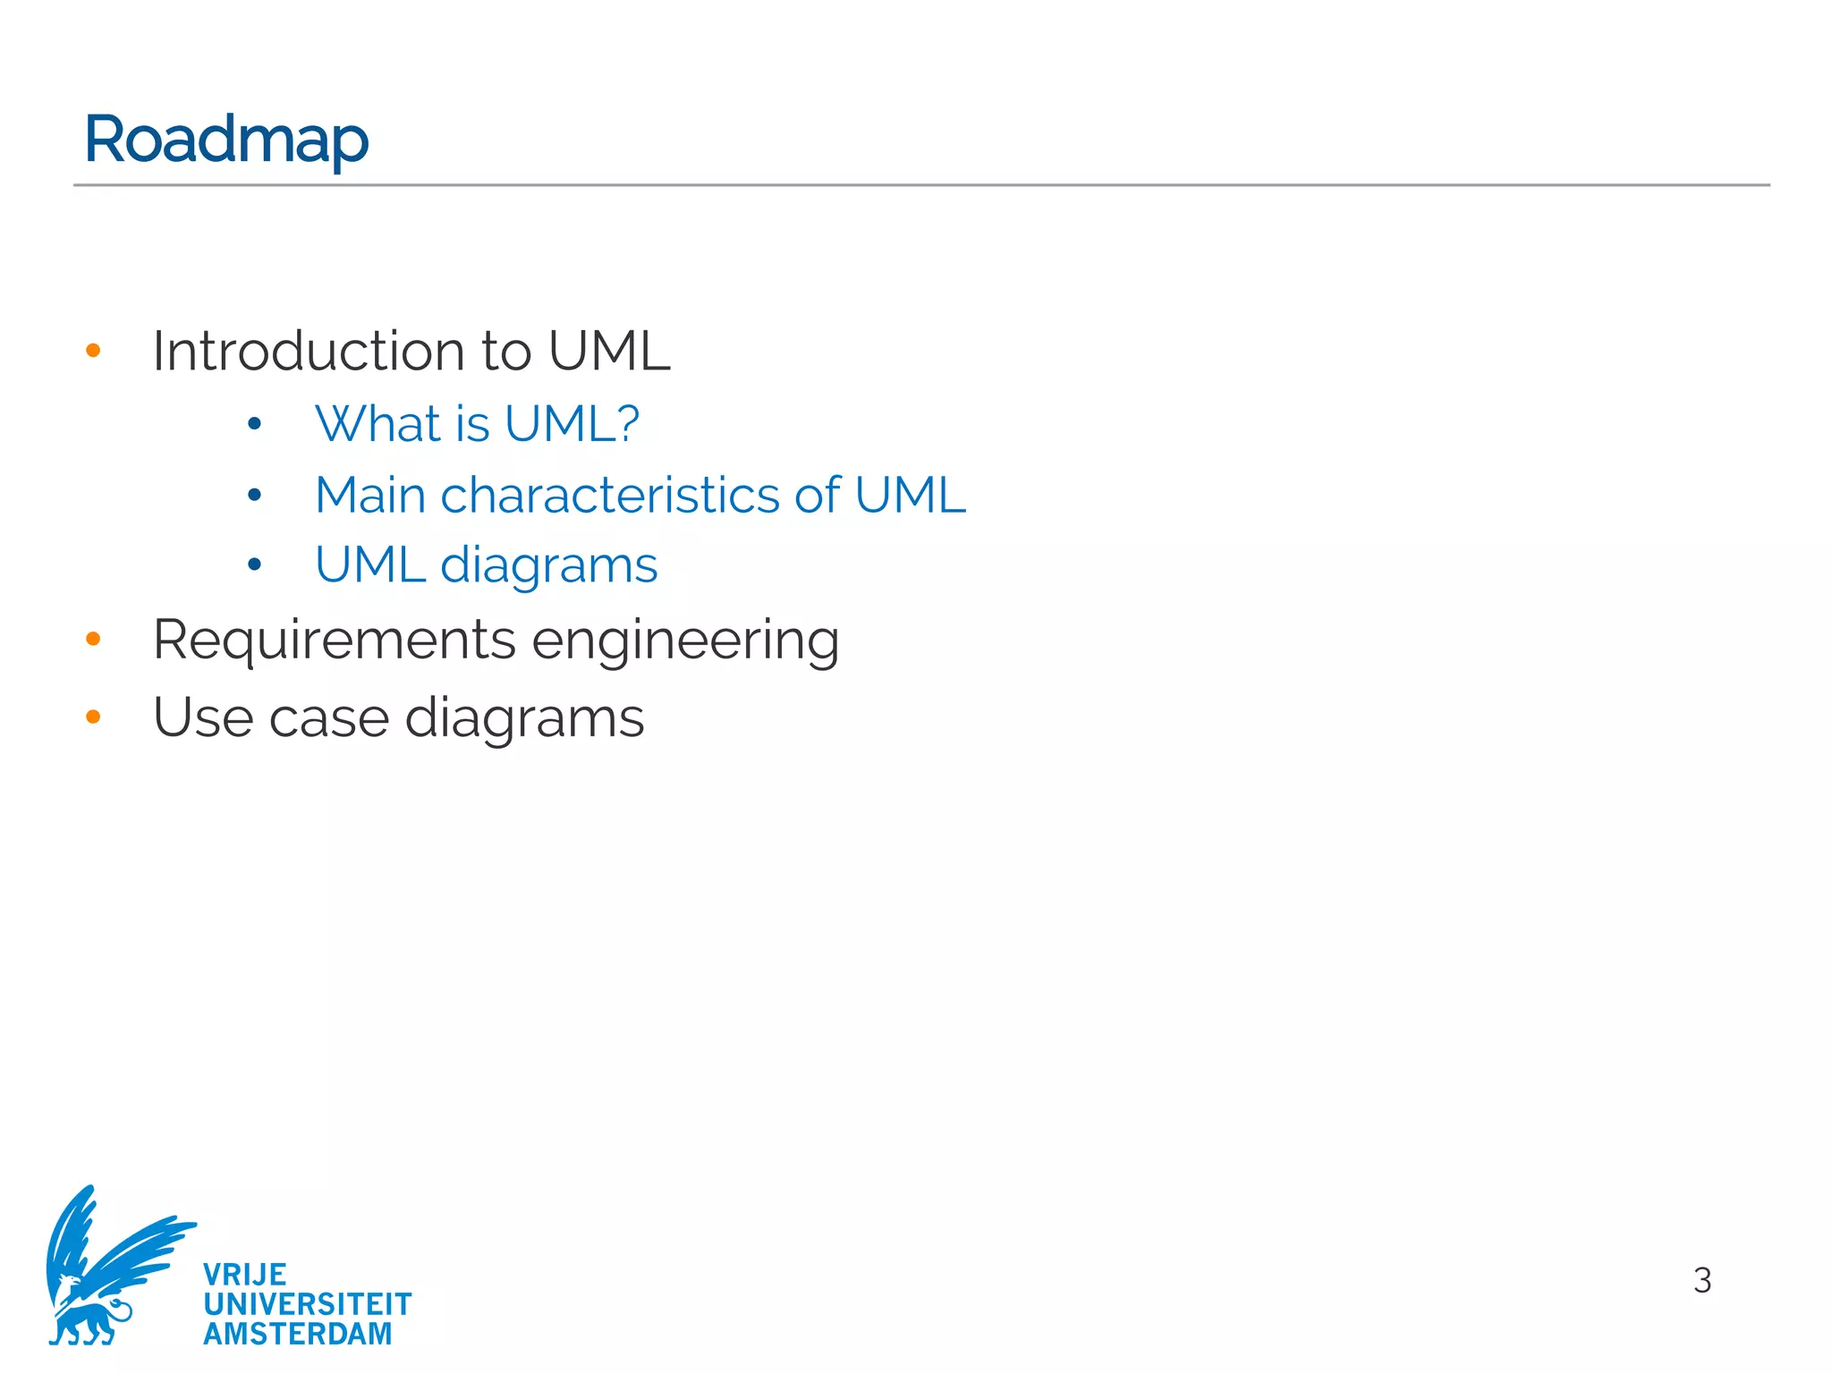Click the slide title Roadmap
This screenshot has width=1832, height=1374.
coord(226,140)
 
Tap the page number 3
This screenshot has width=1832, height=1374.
coord(1701,1280)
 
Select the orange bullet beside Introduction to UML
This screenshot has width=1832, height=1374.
coord(93,350)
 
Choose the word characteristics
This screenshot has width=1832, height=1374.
coord(610,495)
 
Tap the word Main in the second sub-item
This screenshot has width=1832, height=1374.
coord(370,495)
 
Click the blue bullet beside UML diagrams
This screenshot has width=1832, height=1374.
coord(255,564)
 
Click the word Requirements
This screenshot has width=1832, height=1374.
coord(335,640)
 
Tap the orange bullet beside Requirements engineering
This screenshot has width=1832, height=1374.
coord(93,639)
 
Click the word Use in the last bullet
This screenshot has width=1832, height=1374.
coord(203,717)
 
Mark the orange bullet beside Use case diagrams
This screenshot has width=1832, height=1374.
coord(93,717)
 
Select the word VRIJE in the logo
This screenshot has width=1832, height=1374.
coord(245,1274)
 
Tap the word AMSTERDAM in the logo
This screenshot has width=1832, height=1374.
coord(298,1334)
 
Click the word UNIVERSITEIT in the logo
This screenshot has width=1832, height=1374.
coord(308,1304)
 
